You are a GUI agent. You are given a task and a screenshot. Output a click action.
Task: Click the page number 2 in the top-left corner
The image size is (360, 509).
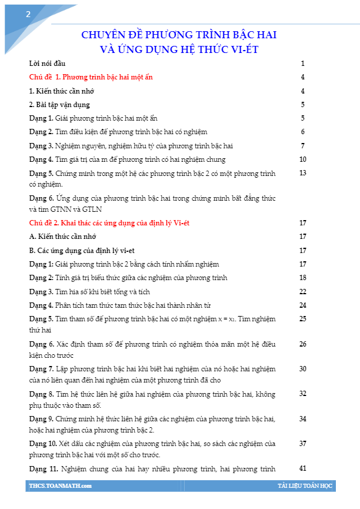(x=28, y=15)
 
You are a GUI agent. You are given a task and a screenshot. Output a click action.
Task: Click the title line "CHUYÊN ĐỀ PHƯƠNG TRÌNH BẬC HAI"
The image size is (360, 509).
(x=179, y=35)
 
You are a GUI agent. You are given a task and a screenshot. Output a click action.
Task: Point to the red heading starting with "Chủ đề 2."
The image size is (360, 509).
(x=109, y=223)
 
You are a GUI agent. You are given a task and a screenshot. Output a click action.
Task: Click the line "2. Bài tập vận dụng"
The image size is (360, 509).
(x=59, y=105)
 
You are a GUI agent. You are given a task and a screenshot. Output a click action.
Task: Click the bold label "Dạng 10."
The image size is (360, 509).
(x=43, y=443)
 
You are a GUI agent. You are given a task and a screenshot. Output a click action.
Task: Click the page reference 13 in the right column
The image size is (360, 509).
(x=303, y=173)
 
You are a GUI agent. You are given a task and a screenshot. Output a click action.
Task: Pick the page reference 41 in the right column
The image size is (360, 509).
(x=303, y=468)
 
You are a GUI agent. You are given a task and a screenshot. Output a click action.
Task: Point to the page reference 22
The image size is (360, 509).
(x=303, y=291)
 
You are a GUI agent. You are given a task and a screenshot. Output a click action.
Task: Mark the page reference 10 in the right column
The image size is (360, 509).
(x=303, y=159)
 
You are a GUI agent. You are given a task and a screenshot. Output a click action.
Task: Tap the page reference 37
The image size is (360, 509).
(x=303, y=443)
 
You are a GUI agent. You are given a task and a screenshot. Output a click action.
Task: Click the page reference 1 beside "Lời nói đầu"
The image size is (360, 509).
(x=302, y=63)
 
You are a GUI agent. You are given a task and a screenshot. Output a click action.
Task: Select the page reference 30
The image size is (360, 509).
(x=303, y=368)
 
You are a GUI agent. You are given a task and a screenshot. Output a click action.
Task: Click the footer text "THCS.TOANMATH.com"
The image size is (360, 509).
(x=60, y=486)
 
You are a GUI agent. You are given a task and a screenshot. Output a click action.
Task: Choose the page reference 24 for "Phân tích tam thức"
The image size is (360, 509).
(x=303, y=305)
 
